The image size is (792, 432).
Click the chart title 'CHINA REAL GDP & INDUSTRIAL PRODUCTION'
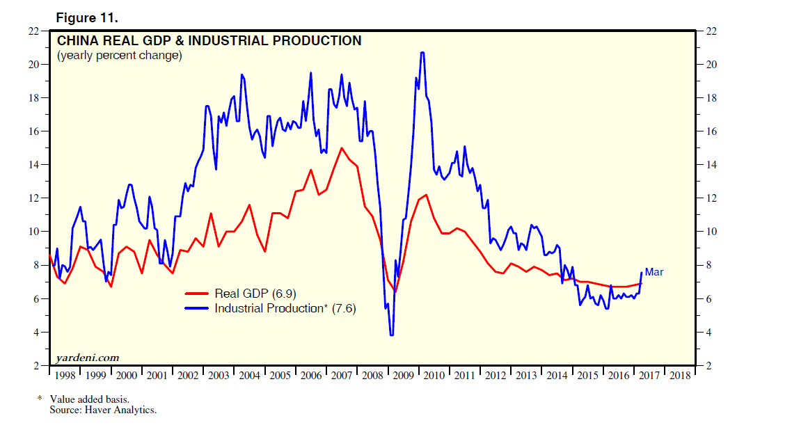[x=209, y=41]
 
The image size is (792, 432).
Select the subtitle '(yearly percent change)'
[x=119, y=56]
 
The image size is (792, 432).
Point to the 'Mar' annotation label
[x=654, y=272]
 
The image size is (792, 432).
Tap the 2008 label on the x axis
[x=372, y=376]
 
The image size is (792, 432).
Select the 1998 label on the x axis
[x=64, y=376]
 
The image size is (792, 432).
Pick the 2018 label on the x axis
[x=679, y=376]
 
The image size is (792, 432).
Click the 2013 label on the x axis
[x=525, y=376]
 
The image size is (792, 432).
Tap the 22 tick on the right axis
[x=712, y=31]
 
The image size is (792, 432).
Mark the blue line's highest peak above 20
[x=422, y=53]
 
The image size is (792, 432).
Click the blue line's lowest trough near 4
[x=392, y=335]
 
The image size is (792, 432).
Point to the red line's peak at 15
[x=342, y=148]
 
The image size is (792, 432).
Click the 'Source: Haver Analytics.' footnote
[x=103, y=410]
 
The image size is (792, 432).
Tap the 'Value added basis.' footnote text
[x=89, y=400]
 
